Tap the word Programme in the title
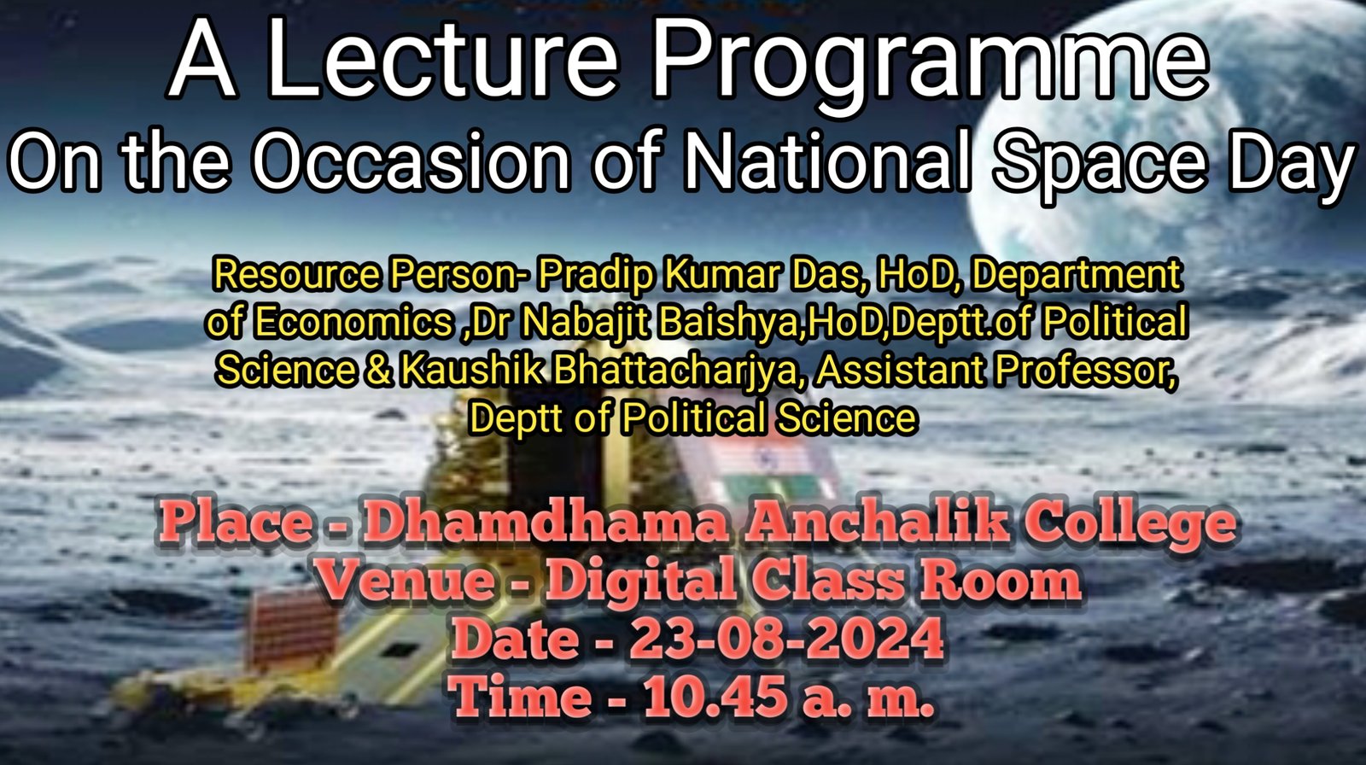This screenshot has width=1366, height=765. [931, 67]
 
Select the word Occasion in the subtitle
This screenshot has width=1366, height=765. [412, 160]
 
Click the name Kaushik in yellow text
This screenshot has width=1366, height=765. [470, 370]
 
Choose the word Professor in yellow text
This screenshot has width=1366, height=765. [1085, 371]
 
